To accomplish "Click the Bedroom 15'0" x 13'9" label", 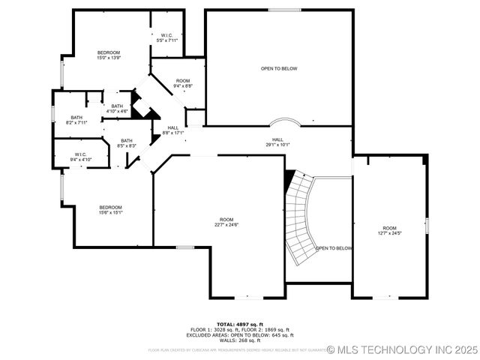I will coord(108,55).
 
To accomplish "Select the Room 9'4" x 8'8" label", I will coord(183,83).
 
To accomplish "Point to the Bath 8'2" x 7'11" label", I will coord(76,120).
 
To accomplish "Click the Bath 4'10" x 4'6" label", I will coord(117,109).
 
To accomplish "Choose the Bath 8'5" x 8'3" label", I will coord(127,142).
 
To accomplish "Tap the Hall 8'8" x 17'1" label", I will coord(173,130).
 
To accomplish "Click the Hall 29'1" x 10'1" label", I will coord(277,142).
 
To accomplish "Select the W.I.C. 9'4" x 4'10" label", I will coord(81,157).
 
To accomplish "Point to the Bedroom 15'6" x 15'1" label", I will coord(110,209).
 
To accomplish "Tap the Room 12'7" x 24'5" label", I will coord(389,230).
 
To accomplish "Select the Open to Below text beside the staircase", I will coord(334,248).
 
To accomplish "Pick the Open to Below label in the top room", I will coord(279,68).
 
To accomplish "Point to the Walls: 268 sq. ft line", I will coord(239,340).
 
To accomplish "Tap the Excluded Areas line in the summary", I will coord(239,335).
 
